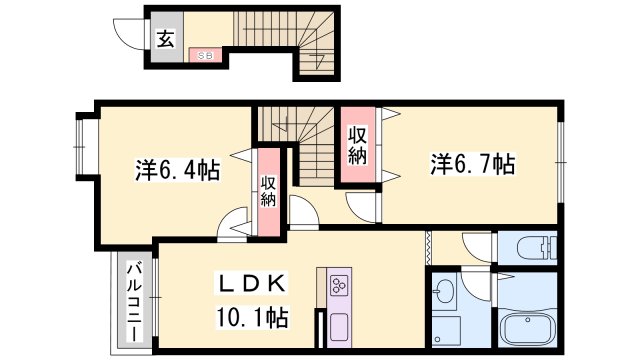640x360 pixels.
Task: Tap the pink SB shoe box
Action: [x=204, y=56]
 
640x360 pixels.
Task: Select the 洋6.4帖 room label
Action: [x=178, y=169]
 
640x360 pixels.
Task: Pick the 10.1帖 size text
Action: [x=252, y=318]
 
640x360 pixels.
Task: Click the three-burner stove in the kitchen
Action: [x=337, y=286]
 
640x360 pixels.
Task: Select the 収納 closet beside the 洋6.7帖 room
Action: [x=357, y=145]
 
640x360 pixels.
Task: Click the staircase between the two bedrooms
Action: [x=300, y=145]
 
